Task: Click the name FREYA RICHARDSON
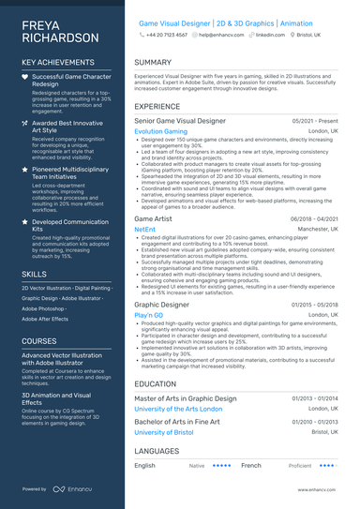(59, 30)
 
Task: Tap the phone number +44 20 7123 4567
(166, 34)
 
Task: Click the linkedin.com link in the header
(270, 34)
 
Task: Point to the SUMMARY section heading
(153, 63)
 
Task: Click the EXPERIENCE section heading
(157, 107)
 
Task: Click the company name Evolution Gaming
(161, 132)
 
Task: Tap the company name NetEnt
(145, 229)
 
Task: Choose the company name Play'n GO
(149, 315)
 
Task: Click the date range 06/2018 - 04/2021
(314, 218)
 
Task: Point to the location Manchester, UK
(318, 229)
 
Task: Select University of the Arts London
(178, 410)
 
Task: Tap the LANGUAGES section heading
(156, 451)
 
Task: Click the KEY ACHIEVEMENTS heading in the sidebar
(56, 62)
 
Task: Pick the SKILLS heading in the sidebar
(35, 273)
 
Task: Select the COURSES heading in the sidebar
(39, 341)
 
